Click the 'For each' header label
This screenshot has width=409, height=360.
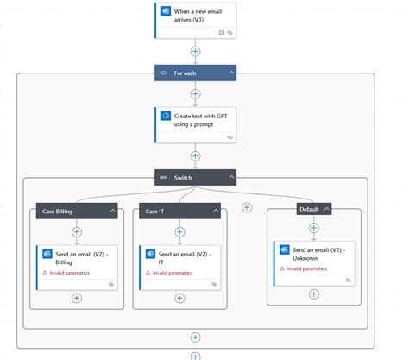pyautogui.click(x=184, y=73)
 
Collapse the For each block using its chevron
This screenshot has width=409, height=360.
pyautogui.click(x=232, y=73)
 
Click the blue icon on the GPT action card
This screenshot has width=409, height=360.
pyautogui.click(x=166, y=115)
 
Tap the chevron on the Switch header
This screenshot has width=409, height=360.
pyautogui.click(x=232, y=177)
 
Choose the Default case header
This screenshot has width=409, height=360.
pyautogui.click(x=307, y=209)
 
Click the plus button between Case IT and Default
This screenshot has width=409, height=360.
pyautogui.click(x=247, y=207)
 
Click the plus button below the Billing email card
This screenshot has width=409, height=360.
pyautogui.click(x=77, y=298)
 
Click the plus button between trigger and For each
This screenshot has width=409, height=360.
pyautogui.click(x=196, y=51)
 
